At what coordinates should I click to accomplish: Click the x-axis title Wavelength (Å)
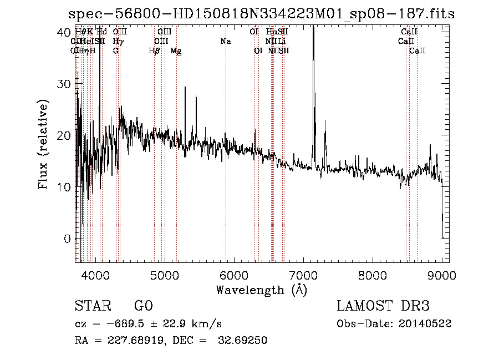click(261, 289)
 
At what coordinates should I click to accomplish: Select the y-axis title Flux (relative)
click(43, 144)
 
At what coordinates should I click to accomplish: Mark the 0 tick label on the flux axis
click(67, 239)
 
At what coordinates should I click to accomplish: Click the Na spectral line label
click(225, 42)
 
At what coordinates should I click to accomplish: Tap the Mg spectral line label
click(176, 51)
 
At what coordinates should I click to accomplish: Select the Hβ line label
click(155, 51)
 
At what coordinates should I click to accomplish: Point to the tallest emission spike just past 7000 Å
click(313, 33)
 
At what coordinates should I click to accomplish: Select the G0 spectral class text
click(143, 307)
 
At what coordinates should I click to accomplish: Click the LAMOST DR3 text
click(383, 307)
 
